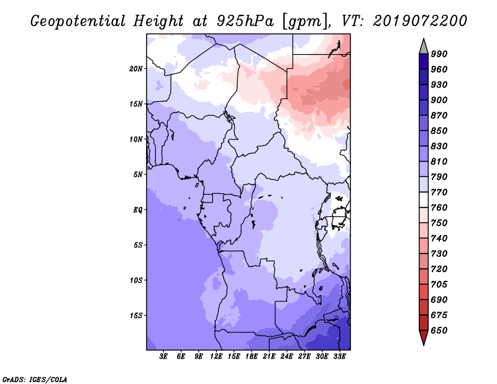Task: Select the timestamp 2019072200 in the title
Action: (420, 21)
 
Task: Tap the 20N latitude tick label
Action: (136, 68)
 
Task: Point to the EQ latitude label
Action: (138, 210)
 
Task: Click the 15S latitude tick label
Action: (136, 316)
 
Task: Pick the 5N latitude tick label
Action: (138, 175)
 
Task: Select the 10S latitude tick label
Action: (136, 280)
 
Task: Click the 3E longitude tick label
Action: (164, 357)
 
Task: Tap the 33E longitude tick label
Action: (340, 357)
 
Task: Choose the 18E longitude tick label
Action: (252, 357)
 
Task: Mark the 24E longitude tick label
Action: (287, 357)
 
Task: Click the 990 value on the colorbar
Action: (439, 54)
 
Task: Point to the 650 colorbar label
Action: (439, 331)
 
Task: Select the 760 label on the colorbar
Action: (439, 208)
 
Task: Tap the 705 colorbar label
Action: (439, 285)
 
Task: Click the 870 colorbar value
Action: (439, 116)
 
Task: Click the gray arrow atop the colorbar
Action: (424, 45)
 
